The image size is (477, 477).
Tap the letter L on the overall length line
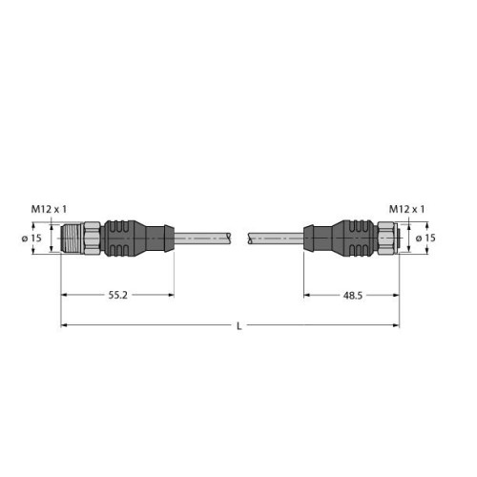(238, 327)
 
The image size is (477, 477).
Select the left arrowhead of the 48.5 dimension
(308, 297)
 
